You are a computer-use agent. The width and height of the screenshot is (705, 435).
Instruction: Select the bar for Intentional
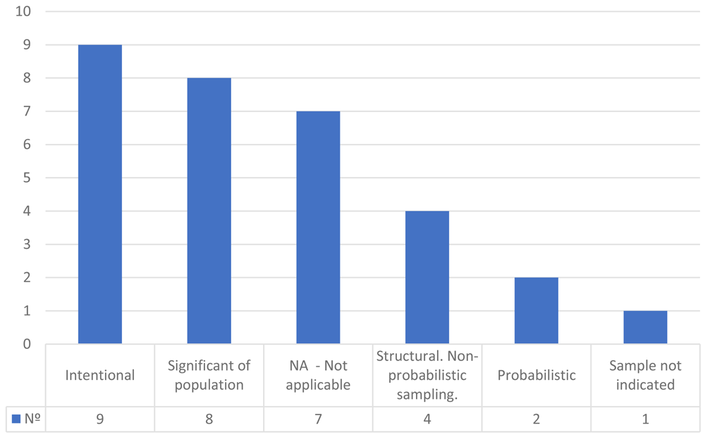100,195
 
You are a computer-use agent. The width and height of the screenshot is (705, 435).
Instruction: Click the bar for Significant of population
209,211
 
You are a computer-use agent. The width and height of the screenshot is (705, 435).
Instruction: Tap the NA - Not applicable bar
318,228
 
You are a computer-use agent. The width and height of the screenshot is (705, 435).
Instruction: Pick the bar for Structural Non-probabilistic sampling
427,278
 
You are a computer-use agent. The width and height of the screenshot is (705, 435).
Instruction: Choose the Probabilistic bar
537,311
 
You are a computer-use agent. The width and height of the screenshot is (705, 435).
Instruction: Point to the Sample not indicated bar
645,328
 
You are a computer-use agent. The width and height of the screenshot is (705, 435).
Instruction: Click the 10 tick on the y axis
23,11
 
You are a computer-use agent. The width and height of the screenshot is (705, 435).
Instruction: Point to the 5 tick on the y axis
27,178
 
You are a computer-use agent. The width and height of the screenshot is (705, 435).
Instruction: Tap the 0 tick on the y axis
27,344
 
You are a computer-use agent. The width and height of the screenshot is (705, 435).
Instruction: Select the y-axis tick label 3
27,244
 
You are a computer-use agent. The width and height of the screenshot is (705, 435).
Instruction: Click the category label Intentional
100,375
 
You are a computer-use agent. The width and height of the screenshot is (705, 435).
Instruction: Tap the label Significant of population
209,375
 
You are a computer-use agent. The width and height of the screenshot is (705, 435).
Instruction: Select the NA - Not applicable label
318,375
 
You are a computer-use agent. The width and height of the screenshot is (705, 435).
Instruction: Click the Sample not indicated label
645,375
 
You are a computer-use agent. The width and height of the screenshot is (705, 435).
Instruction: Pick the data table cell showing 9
100,419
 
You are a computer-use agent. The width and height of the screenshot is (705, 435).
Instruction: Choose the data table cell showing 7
318,419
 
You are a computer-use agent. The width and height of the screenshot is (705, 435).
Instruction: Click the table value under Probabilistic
537,419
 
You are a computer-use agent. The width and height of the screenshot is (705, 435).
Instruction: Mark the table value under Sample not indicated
645,419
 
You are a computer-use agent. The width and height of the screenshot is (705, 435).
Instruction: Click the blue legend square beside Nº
16,419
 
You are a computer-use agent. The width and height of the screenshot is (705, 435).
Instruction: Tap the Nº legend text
32,418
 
